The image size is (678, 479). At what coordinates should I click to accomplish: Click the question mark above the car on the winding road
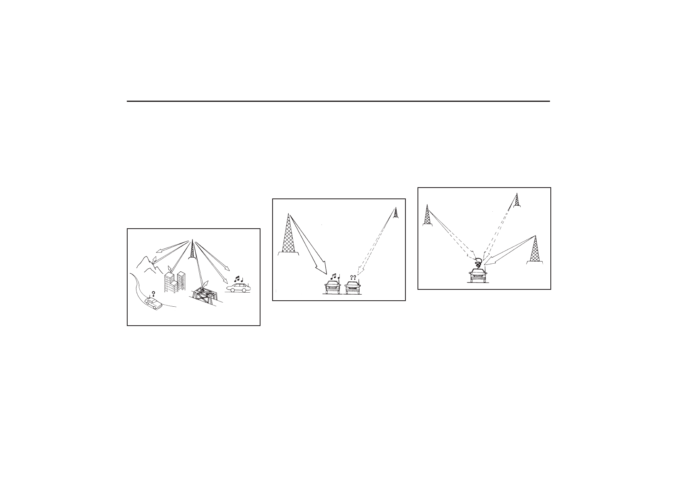[153, 294]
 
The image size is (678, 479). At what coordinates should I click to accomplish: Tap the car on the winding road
[153, 304]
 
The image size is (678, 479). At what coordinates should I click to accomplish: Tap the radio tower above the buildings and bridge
[192, 250]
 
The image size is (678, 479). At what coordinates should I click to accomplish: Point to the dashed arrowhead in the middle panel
[360, 270]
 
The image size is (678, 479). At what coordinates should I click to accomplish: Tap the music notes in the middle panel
[334, 277]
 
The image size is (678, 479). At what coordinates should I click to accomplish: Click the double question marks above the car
[353, 277]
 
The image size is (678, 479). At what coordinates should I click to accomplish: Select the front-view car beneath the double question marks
[353, 287]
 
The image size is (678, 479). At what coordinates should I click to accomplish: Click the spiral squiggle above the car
[478, 263]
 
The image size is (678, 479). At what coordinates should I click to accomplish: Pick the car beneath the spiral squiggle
[477, 276]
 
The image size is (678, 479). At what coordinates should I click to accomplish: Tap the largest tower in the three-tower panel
[535, 250]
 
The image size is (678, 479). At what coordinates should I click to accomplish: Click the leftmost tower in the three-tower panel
[427, 215]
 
